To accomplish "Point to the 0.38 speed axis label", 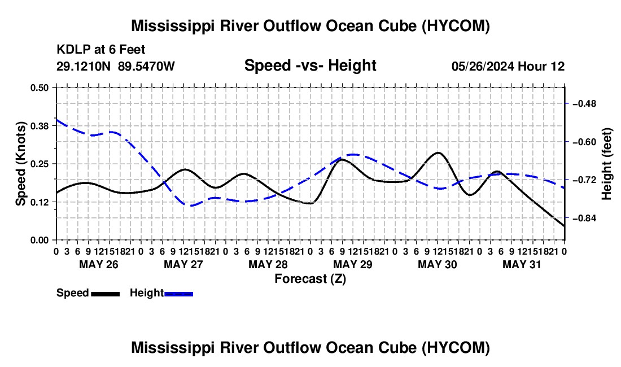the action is (39, 126).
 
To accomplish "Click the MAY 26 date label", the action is (99, 264).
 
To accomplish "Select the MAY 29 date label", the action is (353, 264).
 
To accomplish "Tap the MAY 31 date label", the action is (522, 264).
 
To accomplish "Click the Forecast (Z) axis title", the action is (310, 279).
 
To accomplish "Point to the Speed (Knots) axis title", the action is (20, 164).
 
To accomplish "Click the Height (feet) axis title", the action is (606, 164).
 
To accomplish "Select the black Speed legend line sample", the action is (106, 294).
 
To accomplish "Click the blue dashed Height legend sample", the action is (178, 294).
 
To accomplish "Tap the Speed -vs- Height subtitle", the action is (310, 65).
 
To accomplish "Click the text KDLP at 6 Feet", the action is (101, 50).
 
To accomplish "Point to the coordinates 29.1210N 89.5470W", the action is (116, 66).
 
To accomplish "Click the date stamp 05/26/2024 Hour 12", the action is (508, 66).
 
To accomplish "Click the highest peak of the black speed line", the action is (438, 152).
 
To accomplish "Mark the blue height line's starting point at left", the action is (56, 119).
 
